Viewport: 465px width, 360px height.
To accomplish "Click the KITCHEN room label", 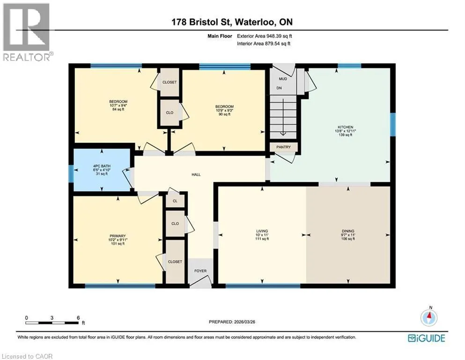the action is pyautogui.click(x=345, y=127).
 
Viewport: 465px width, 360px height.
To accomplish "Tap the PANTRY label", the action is pyautogui.click(x=283, y=147).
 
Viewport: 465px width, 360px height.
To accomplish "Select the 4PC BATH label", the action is pyautogui.click(x=102, y=166).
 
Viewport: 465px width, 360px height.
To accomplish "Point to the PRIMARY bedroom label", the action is pyautogui.click(x=118, y=236).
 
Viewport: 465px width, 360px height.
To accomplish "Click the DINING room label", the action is pyautogui.click(x=348, y=231).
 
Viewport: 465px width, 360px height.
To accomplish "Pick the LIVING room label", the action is pyautogui.click(x=262, y=231).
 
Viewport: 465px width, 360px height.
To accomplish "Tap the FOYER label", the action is pyautogui.click(x=200, y=271).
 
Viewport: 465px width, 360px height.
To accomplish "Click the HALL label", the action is pyautogui.click(x=196, y=175).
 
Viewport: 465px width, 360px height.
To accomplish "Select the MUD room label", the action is pyautogui.click(x=283, y=79).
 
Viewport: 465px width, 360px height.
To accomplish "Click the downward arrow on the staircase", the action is pyautogui.click(x=283, y=117).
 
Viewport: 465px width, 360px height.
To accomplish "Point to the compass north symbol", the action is pyautogui.click(x=429, y=317).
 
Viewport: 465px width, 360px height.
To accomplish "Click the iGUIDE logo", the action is pyautogui.click(x=427, y=338).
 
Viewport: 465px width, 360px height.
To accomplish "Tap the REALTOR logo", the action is pyautogui.click(x=27, y=32).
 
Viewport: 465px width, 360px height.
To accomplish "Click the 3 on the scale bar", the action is pyautogui.click(x=52, y=317).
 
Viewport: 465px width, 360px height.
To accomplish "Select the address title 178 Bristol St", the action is pyautogui.click(x=203, y=22).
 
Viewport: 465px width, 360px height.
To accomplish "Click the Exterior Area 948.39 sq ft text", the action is pyautogui.click(x=265, y=36).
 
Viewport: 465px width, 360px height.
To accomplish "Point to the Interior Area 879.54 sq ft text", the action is pyautogui.click(x=264, y=44).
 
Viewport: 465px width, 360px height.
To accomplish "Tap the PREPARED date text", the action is pyautogui.click(x=232, y=322).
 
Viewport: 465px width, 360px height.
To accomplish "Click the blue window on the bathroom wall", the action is pyautogui.click(x=71, y=173).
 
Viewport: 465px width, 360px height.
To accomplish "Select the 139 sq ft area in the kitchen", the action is pyautogui.click(x=345, y=135).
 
